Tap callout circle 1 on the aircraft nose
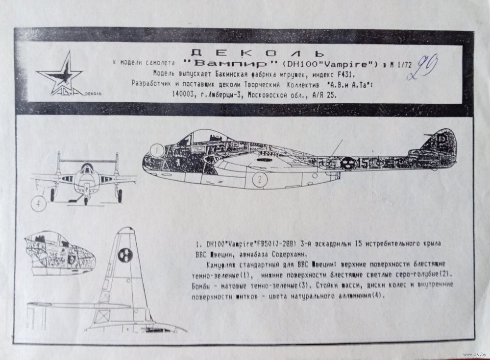(156, 149)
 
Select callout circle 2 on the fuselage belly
(259, 180)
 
